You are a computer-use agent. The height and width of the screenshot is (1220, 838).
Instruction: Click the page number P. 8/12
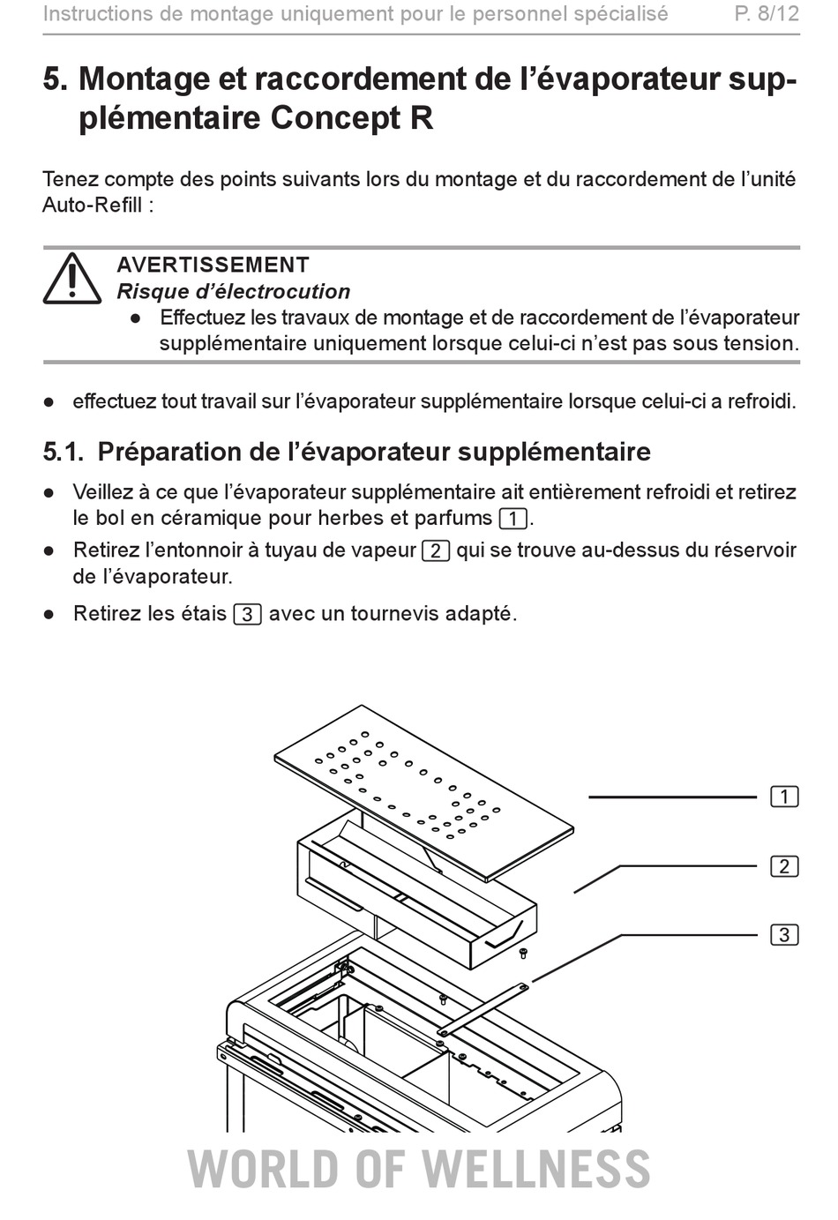[767, 13]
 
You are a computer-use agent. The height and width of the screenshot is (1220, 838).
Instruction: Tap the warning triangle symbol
[71, 278]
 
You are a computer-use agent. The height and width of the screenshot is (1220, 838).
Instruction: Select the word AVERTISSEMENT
[213, 265]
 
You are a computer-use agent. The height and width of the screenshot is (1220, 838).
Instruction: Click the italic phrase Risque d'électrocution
[234, 291]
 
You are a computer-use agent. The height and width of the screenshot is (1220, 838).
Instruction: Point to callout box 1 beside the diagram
[785, 797]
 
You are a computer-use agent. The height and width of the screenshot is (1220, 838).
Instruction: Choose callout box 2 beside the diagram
[785, 866]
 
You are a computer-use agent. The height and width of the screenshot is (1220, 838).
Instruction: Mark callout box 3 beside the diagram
[785, 934]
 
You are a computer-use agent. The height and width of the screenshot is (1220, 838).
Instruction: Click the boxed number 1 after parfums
[513, 519]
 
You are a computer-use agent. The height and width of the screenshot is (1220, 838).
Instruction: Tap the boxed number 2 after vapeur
[436, 550]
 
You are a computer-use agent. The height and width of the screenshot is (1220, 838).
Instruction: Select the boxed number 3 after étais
[248, 614]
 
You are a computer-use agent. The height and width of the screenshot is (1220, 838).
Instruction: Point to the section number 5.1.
[64, 452]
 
